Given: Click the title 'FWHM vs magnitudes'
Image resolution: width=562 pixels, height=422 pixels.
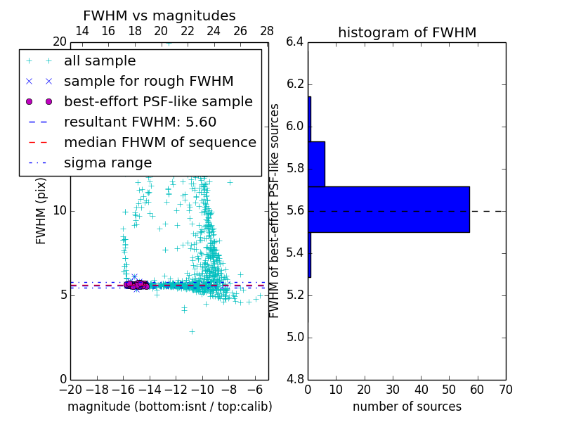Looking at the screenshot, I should (159, 15).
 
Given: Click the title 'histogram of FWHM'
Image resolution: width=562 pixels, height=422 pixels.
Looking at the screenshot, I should (407, 32).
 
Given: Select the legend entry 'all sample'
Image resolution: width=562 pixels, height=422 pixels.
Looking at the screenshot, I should (100, 60).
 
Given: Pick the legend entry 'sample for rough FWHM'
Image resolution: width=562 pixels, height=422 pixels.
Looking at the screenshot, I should (148, 81).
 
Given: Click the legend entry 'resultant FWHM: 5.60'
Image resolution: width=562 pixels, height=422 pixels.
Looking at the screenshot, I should (140, 122).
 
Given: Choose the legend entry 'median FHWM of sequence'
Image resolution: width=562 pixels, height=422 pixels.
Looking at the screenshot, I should (159, 142).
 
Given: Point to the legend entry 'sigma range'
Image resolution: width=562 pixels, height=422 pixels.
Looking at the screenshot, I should (107, 162).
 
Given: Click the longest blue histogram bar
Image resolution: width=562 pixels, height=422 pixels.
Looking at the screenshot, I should (388, 209).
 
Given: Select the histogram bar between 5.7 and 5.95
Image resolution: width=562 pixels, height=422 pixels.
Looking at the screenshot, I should (316, 164).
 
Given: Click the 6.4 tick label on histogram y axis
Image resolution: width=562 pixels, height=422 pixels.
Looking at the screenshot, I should (295, 42).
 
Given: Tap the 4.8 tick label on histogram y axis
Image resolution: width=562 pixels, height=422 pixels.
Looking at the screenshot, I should (295, 379).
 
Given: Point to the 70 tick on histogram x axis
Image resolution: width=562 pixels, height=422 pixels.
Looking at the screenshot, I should (504, 390).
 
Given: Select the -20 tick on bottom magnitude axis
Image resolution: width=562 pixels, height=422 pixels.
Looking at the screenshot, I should (70, 390).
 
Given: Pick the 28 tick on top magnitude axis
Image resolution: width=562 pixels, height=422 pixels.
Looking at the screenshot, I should (267, 31).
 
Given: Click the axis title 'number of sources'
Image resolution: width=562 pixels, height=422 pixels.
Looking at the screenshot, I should (407, 407).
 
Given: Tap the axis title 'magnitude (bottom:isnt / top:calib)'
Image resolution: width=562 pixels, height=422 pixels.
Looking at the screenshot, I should (169, 407).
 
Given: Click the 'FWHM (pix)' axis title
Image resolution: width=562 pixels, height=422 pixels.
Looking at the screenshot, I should (41, 210).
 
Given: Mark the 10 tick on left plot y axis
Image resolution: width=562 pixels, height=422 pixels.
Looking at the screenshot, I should (60, 211).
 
